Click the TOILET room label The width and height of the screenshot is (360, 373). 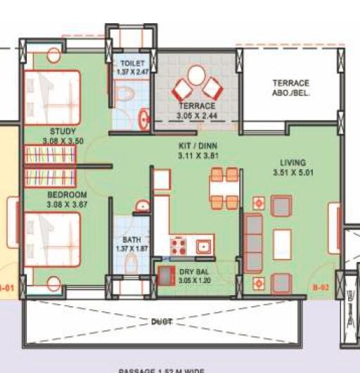point(132,63)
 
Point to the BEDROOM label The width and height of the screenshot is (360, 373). point(67,195)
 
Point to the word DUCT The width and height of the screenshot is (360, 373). point(161,322)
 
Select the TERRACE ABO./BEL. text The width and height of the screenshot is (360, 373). point(291,88)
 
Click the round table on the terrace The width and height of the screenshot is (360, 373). point(196,76)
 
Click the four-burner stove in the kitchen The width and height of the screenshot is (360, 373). point(177,247)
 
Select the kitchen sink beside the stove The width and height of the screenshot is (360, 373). point(204,247)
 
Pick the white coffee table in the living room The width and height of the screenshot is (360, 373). point(283,245)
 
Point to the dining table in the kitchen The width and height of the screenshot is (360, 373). point(224,189)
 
